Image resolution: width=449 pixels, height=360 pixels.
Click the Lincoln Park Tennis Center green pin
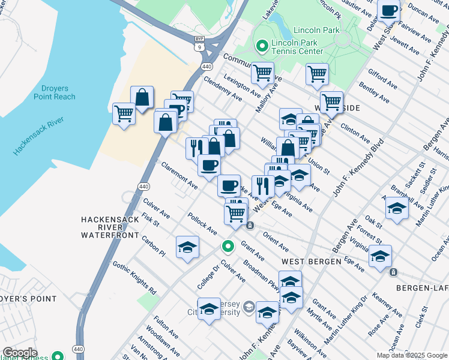click(262, 46)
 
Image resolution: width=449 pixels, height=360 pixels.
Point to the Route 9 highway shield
click(199, 46)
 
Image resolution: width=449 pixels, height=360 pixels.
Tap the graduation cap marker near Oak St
click(397, 208)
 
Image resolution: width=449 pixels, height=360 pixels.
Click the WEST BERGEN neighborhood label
click(307, 262)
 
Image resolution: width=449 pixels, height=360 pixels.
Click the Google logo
click(20, 353)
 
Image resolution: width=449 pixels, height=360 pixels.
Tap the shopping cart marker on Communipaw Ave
click(262, 73)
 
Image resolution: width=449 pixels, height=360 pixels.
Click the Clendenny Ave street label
click(223, 88)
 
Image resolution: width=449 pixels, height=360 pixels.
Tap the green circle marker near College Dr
click(228, 245)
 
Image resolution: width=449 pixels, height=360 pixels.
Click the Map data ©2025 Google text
click(411, 355)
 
